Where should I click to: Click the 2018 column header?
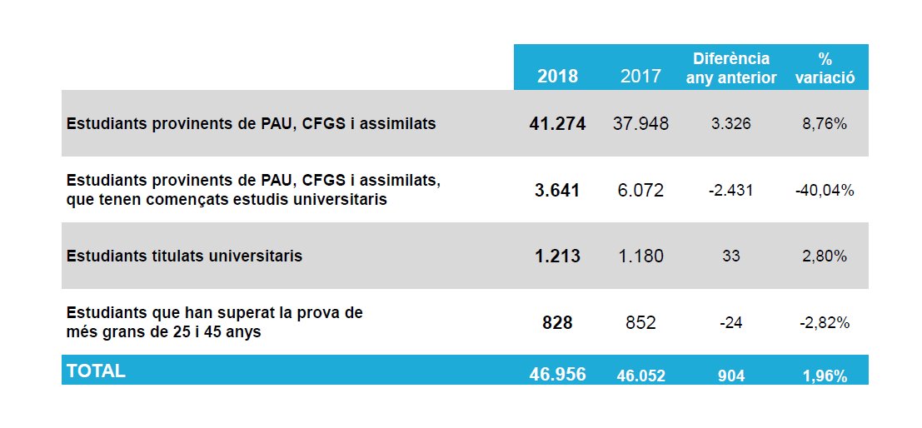tap(557, 76)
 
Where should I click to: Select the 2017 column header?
tap(640, 76)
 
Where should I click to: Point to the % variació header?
tap(825, 67)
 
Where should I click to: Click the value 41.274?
tap(557, 124)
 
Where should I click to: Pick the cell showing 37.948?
tap(640, 124)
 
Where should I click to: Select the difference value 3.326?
tap(730, 124)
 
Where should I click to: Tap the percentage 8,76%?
tap(825, 124)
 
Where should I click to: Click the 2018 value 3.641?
tap(557, 190)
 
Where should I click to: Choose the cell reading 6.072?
tap(640, 190)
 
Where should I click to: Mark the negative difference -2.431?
tap(730, 190)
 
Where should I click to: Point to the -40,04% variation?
tap(825, 190)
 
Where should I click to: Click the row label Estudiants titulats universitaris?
tap(184, 256)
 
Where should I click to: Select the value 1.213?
tap(557, 256)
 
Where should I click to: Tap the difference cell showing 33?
tap(730, 256)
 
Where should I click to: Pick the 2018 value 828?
tap(557, 322)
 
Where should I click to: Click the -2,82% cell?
tap(825, 322)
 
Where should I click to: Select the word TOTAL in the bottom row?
tap(96, 371)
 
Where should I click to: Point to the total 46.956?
tap(557, 375)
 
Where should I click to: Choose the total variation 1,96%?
tap(825, 376)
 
